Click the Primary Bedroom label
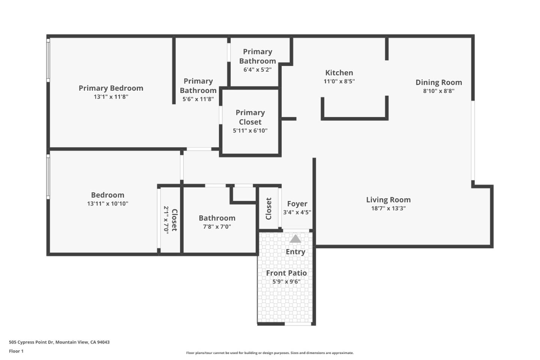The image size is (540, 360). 111,88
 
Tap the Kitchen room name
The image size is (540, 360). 339,73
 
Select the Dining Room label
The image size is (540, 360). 438,82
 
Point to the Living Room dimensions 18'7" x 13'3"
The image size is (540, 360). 388,208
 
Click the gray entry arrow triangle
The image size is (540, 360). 295,239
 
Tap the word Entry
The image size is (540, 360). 295,252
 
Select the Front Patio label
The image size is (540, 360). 286,273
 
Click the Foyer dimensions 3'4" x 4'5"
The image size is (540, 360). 297,212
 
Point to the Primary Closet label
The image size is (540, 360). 250,117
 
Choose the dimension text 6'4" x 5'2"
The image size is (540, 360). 257,70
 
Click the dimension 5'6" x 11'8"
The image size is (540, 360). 198,99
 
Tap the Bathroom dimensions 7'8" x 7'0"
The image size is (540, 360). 217,227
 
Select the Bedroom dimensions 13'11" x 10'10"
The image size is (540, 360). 108,204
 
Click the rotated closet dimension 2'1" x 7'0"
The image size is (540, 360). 166,220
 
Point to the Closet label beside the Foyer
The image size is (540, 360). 268,209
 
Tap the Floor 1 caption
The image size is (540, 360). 16,351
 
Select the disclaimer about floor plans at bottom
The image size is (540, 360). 270,353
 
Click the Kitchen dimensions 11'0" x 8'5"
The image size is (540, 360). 339,81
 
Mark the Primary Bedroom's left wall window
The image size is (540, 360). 48,60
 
